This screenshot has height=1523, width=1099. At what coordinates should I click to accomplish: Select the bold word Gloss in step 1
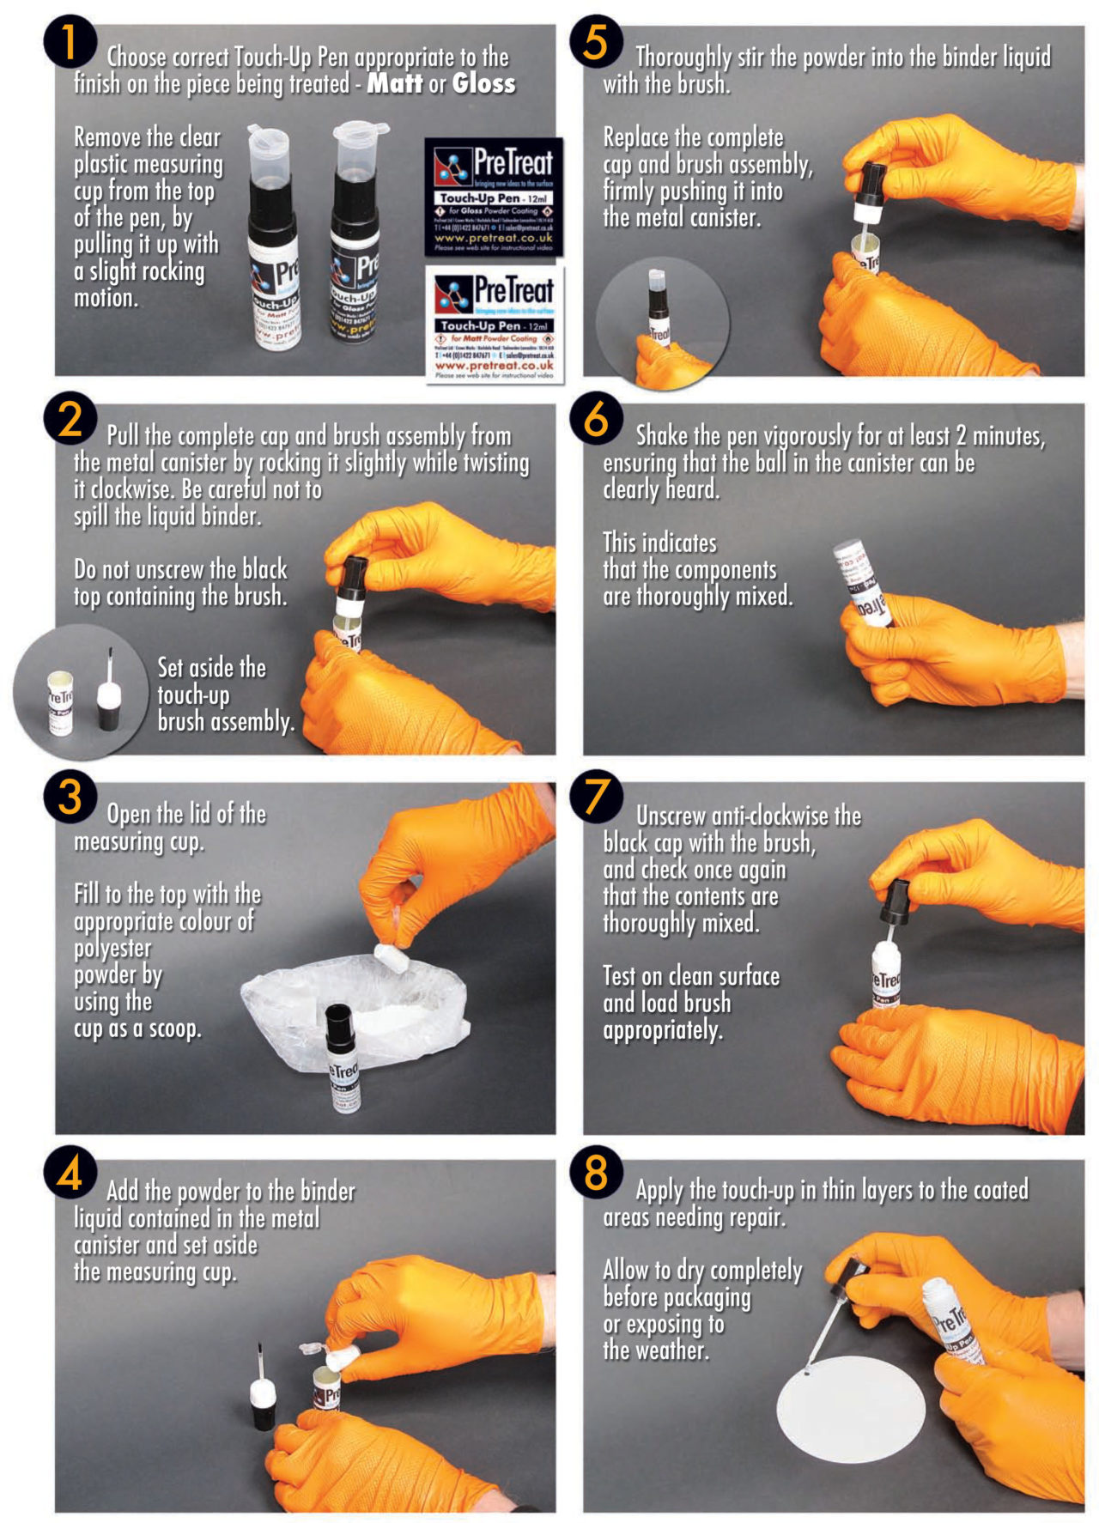tap(483, 83)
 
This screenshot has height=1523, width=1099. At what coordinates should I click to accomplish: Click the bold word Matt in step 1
tap(394, 83)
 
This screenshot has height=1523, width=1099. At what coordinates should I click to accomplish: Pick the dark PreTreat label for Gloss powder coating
tap(494, 197)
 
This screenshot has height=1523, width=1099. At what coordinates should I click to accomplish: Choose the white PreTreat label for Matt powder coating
tap(495, 325)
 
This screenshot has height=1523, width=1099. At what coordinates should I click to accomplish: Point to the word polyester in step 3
tap(112, 949)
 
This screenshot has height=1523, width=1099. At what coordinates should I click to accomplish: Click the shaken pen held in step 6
tap(863, 583)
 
